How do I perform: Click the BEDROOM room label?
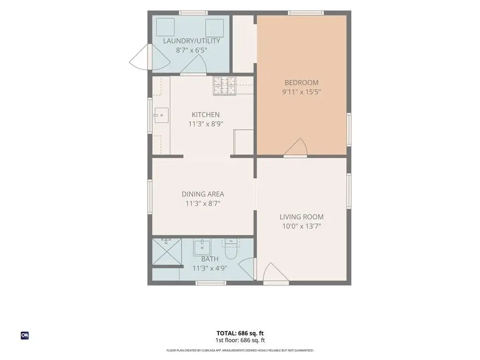click(x=301, y=82)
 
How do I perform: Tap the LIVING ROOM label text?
click(x=301, y=217)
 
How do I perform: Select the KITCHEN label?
click(x=206, y=115)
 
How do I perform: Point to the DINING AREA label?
click(x=203, y=194)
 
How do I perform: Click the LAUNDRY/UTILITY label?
click(x=192, y=41)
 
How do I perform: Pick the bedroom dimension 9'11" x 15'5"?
click(x=301, y=92)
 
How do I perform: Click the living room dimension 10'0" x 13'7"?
click(x=301, y=226)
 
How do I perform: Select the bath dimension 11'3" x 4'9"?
click(x=210, y=269)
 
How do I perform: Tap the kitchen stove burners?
click(x=225, y=86)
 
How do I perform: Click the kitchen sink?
click(x=161, y=115)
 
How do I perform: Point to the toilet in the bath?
click(x=231, y=249)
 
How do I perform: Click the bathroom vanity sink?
click(x=202, y=248)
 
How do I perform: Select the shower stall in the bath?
click(x=167, y=252)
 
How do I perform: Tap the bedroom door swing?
click(x=296, y=147)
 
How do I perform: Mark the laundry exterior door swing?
click(x=150, y=57)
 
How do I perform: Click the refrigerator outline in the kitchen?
click(x=244, y=142)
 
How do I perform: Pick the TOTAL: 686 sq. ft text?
click(x=240, y=333)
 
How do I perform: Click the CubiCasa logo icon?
click(x=25, y=336)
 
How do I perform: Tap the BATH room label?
click(x=210, y=259)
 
